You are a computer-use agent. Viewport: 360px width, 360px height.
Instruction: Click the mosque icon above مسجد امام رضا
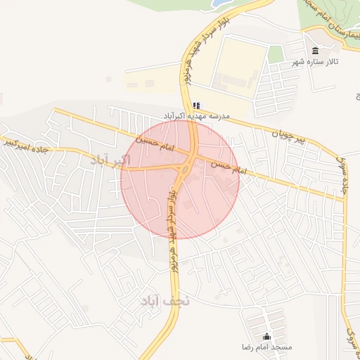click(x=266, y=336)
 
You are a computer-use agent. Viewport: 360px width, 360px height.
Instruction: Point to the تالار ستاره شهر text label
click(x=315, y=62)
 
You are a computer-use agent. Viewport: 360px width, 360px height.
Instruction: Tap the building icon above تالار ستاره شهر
click(x=314, y=51)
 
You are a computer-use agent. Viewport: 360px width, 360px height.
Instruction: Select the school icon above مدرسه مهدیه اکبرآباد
click(x=196, y=105)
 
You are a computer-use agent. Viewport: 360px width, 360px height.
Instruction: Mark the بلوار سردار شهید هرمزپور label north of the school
click(x=201, y=44)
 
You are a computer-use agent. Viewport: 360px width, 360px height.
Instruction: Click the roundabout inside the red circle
click(x=185, y=167)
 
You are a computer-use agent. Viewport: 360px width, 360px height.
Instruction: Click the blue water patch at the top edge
click(x=222, y=4)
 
